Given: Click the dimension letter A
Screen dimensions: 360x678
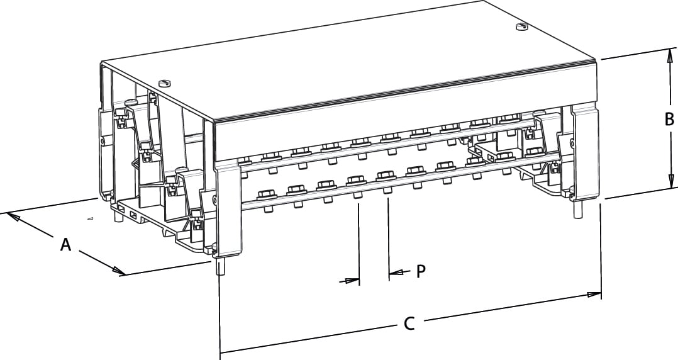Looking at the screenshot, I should click(x=65, y=244).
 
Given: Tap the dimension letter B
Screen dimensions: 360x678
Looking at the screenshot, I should click(x=669, y=119).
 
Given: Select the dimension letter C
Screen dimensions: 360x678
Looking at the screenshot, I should click(x=409, y=323).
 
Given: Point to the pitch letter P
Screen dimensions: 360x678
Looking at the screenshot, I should click(x=421, y=272).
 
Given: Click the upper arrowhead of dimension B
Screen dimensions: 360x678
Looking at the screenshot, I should click(x=669, y=56).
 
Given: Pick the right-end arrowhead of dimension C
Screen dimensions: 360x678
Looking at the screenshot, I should click(x=594, y=294).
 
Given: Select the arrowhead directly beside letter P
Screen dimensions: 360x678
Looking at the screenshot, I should click(x=395, y=273).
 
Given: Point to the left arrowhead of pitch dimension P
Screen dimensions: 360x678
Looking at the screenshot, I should click(x=352, y=281).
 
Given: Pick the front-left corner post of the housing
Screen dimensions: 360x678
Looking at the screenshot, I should click(x=228, y=208).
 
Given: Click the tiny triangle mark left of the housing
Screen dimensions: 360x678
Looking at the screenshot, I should click(x=89, y=219).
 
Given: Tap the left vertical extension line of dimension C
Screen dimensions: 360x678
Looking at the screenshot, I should click(x=220, y=315).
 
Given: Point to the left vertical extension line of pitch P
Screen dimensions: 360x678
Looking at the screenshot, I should click(x=358, y=242).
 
